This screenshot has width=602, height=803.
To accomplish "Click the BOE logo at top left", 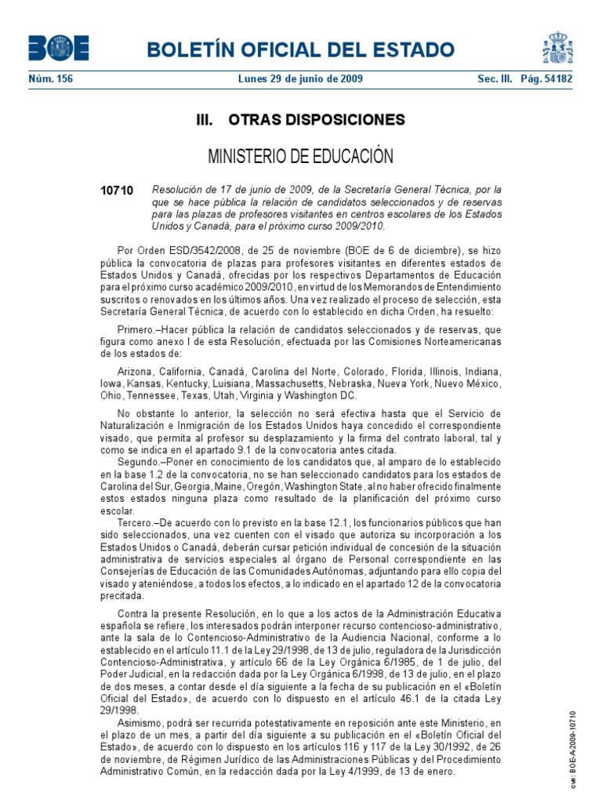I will [59, 48].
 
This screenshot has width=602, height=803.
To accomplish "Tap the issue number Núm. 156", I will [50, 79].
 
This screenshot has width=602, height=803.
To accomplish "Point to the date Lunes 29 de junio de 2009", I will [300, 79].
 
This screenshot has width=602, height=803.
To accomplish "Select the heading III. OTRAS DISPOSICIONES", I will [300, 120].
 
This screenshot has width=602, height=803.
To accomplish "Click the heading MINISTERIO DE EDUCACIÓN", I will [300, 156].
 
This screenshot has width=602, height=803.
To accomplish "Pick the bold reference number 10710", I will [118, 191].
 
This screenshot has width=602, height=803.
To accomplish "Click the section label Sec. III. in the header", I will [497, 79].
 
